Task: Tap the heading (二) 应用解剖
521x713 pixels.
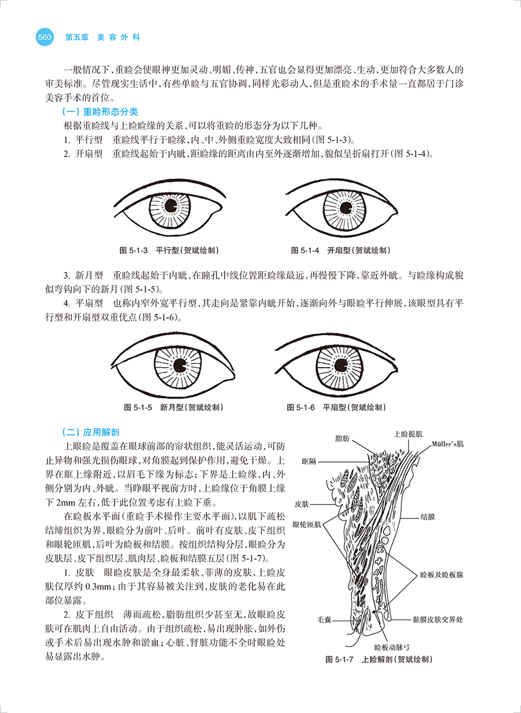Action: tap(91, 432)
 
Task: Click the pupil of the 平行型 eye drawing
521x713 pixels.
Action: tap(171, 206)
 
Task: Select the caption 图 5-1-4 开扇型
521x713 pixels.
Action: tap(340, 250)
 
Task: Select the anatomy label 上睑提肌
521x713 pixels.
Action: tap(408, 433)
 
